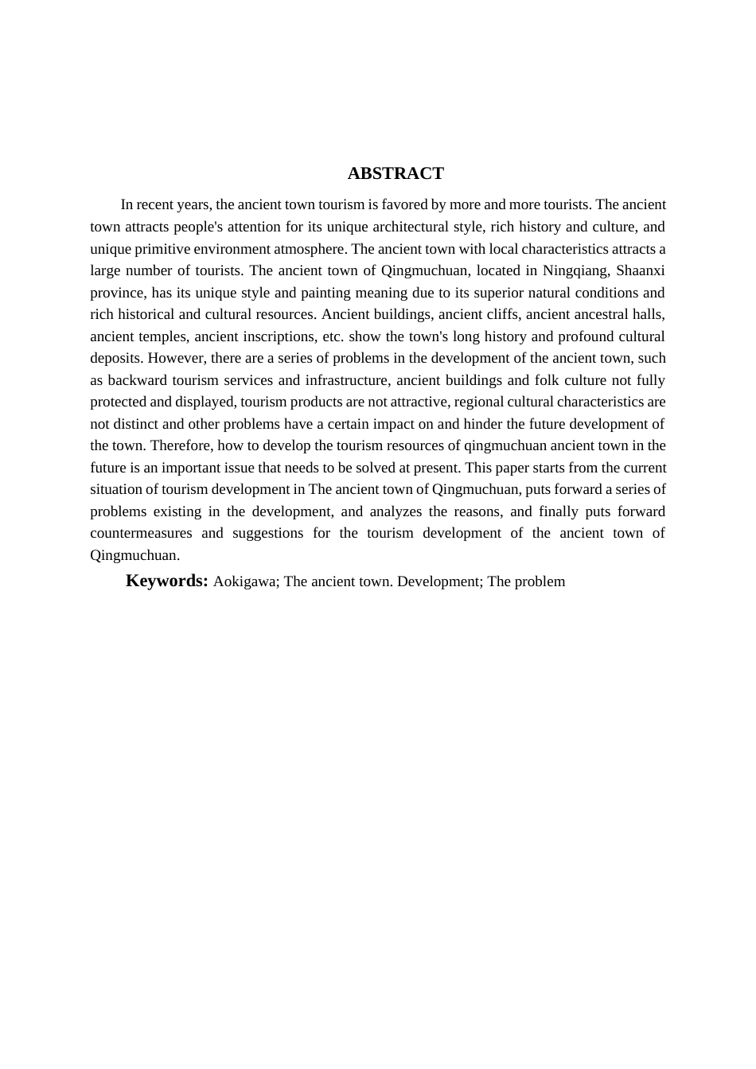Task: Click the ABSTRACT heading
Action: tap(396, 173)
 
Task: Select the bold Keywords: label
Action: tap(167, 581)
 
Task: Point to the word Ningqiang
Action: tap(575, 270)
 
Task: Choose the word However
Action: tap(176, 358)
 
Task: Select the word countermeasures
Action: tap(141, 533)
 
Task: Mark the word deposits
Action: tap(115, 358)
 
